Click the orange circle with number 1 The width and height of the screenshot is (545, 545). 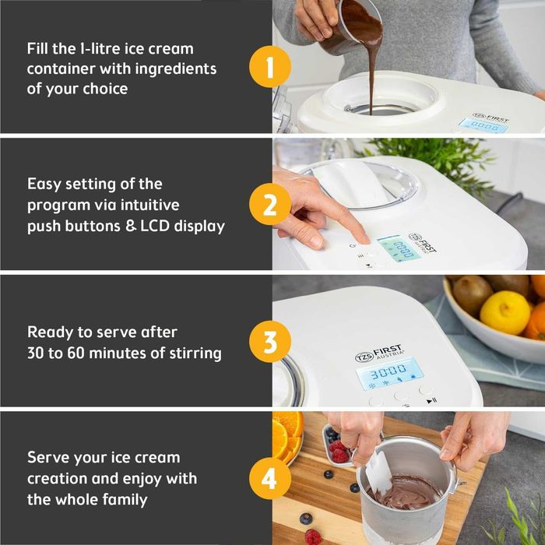(x=270, y=66)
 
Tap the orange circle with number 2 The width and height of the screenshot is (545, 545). (x=270, y=204)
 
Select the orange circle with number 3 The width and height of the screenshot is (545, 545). (x=270, y=342)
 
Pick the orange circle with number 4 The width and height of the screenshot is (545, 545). (x=270, y=479)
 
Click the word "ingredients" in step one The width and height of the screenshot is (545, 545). (x=175, y=69)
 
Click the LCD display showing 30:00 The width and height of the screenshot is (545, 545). (x=390, y=374)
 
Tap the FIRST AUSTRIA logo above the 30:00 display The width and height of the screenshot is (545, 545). (x=380, y=353)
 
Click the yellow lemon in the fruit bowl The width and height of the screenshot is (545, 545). (x=506, y=312)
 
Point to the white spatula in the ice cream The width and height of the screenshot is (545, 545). (x=379, y=473)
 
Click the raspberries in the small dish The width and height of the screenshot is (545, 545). (x=339, y=451)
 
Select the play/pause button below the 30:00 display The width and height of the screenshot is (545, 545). (x=431, y=401)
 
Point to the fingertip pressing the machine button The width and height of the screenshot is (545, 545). (x=364, y=239)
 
